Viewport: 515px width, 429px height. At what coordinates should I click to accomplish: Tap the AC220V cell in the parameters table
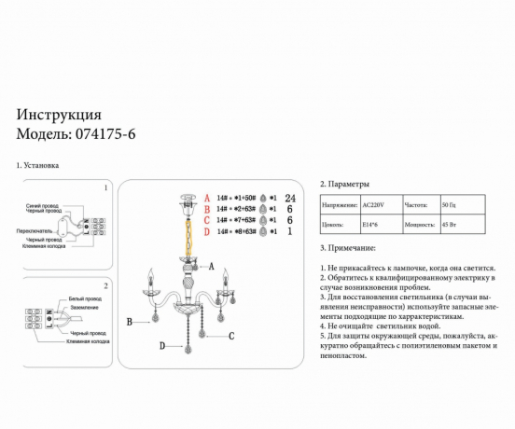372,203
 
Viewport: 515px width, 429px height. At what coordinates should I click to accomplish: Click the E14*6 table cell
369,225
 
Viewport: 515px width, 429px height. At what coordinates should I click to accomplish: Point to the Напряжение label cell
339,203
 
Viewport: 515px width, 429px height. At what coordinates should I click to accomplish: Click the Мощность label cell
420,225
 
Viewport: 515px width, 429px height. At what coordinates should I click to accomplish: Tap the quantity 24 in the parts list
289,199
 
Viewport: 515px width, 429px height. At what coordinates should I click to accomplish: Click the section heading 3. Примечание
348,248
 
